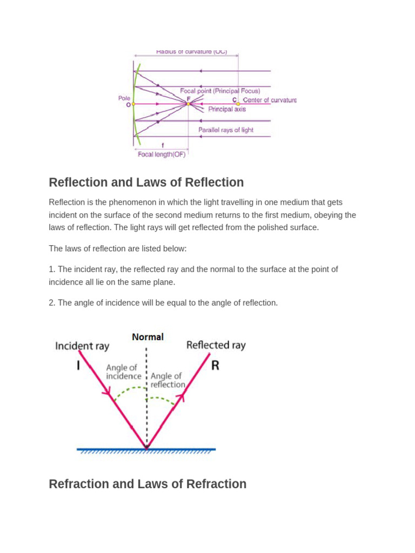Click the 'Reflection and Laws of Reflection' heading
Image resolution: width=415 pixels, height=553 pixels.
click(x=146, y=183)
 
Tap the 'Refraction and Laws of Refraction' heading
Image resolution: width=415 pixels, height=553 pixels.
click(x=148, y=484)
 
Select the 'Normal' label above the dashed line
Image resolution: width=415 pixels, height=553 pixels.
click(x=148, y=337)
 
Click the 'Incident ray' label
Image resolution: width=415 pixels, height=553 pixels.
click(x=82, y=346)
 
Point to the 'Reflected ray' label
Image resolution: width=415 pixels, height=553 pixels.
click(x=216, y=345)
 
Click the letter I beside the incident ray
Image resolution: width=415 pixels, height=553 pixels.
click(x=78, y=366)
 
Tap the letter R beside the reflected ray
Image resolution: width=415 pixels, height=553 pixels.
click(x=215, y=366)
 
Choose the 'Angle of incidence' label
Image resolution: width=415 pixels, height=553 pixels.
click(x=123, y=372)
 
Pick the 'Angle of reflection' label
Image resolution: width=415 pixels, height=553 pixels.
click(x=168, y=380)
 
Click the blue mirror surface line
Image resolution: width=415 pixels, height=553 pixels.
click(x=146, y=449)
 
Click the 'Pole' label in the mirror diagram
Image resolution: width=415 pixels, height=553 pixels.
click(x=124, y=98)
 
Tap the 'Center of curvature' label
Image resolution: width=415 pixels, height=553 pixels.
click(x=270, y=100)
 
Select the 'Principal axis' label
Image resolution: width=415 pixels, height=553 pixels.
click(x=227, y=109)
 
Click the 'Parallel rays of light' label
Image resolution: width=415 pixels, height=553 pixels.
click(x=225, y=130)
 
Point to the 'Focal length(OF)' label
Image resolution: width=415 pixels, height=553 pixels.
click(x=162, y=154)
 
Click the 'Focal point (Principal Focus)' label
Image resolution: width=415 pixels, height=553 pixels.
click(x=220, y=91)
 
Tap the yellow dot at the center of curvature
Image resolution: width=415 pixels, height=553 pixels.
click(x=238, y=103)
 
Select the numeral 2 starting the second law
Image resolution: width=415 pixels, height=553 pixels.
click(x=51, y=303)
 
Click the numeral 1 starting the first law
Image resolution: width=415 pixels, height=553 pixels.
click(x=51, y=269)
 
